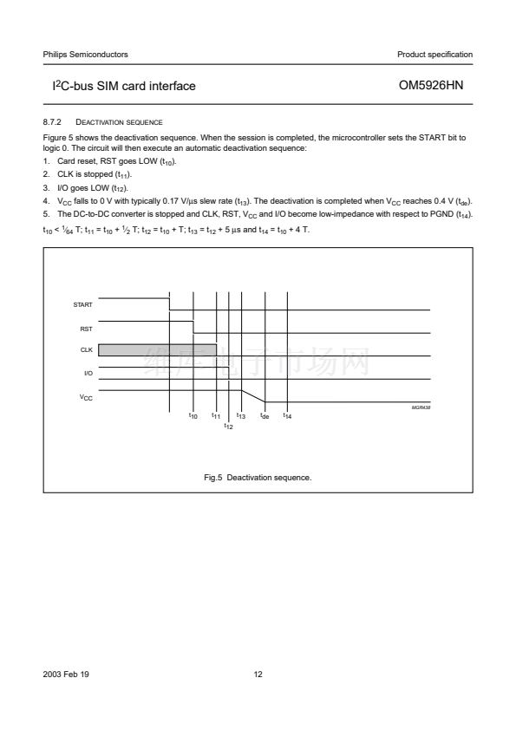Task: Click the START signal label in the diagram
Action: coord(82,304)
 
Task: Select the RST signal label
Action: coord(86,329)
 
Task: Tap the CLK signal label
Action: coord(86,349)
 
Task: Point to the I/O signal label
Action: coord(88,373)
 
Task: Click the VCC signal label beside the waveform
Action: coord(86,398)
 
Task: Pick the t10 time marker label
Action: coord(193,416)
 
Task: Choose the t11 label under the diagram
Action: coord(216,416)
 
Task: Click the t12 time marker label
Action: coord(228,426)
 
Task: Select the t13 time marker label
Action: coord(241,416)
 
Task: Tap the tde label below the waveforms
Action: coord(265,416)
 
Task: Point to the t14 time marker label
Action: coord(287,416)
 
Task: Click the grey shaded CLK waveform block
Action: coord(158,350)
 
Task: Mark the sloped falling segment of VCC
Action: coord(253,395)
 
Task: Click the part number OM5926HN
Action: coord(431,85)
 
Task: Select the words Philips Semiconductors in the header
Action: coord(85,55)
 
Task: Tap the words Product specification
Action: coord(435,55)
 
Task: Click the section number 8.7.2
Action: coord(52,122)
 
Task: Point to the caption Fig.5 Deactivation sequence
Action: coord(258,477)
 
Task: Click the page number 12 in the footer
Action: coord(258,675)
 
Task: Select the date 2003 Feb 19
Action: coord(66,675)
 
